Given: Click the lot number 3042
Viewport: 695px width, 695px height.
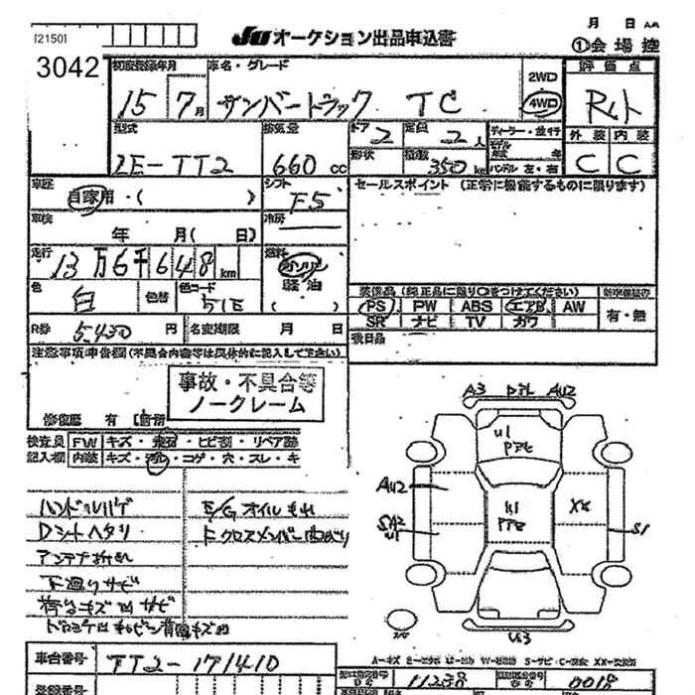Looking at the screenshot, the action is point(65,69).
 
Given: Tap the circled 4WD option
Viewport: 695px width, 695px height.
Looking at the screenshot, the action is point(542,102).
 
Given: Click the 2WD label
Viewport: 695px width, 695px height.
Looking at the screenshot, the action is point(542,76).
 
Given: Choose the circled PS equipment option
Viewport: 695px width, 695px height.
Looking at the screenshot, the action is point(375,307).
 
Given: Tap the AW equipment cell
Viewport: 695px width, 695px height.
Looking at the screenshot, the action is point(574,307).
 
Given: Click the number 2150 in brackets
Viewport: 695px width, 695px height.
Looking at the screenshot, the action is point(50,39).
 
